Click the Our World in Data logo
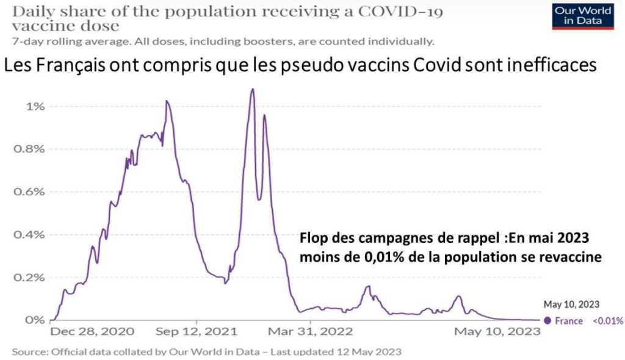pos(582,15)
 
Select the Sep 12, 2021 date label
pos(197,333)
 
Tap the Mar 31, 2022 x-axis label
pos(311,333)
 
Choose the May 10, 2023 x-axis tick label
pos(498,333)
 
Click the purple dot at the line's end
pos(547,320)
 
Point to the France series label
pos(568,321)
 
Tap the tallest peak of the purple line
pos(252,90)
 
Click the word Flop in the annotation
pos(312,239)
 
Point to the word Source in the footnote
pos(29,352)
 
